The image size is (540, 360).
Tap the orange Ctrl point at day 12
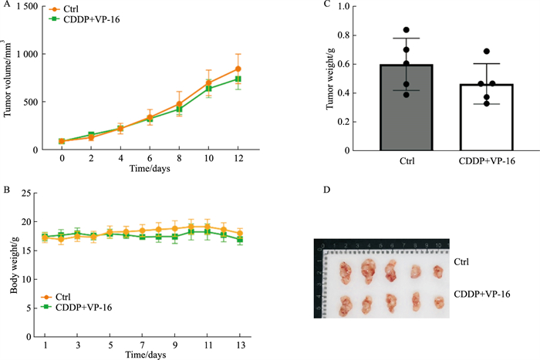(239, 69)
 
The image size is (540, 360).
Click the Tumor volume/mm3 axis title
(9, 77)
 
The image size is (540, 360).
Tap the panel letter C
(326, 5)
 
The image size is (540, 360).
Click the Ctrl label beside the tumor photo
(462, 262)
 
